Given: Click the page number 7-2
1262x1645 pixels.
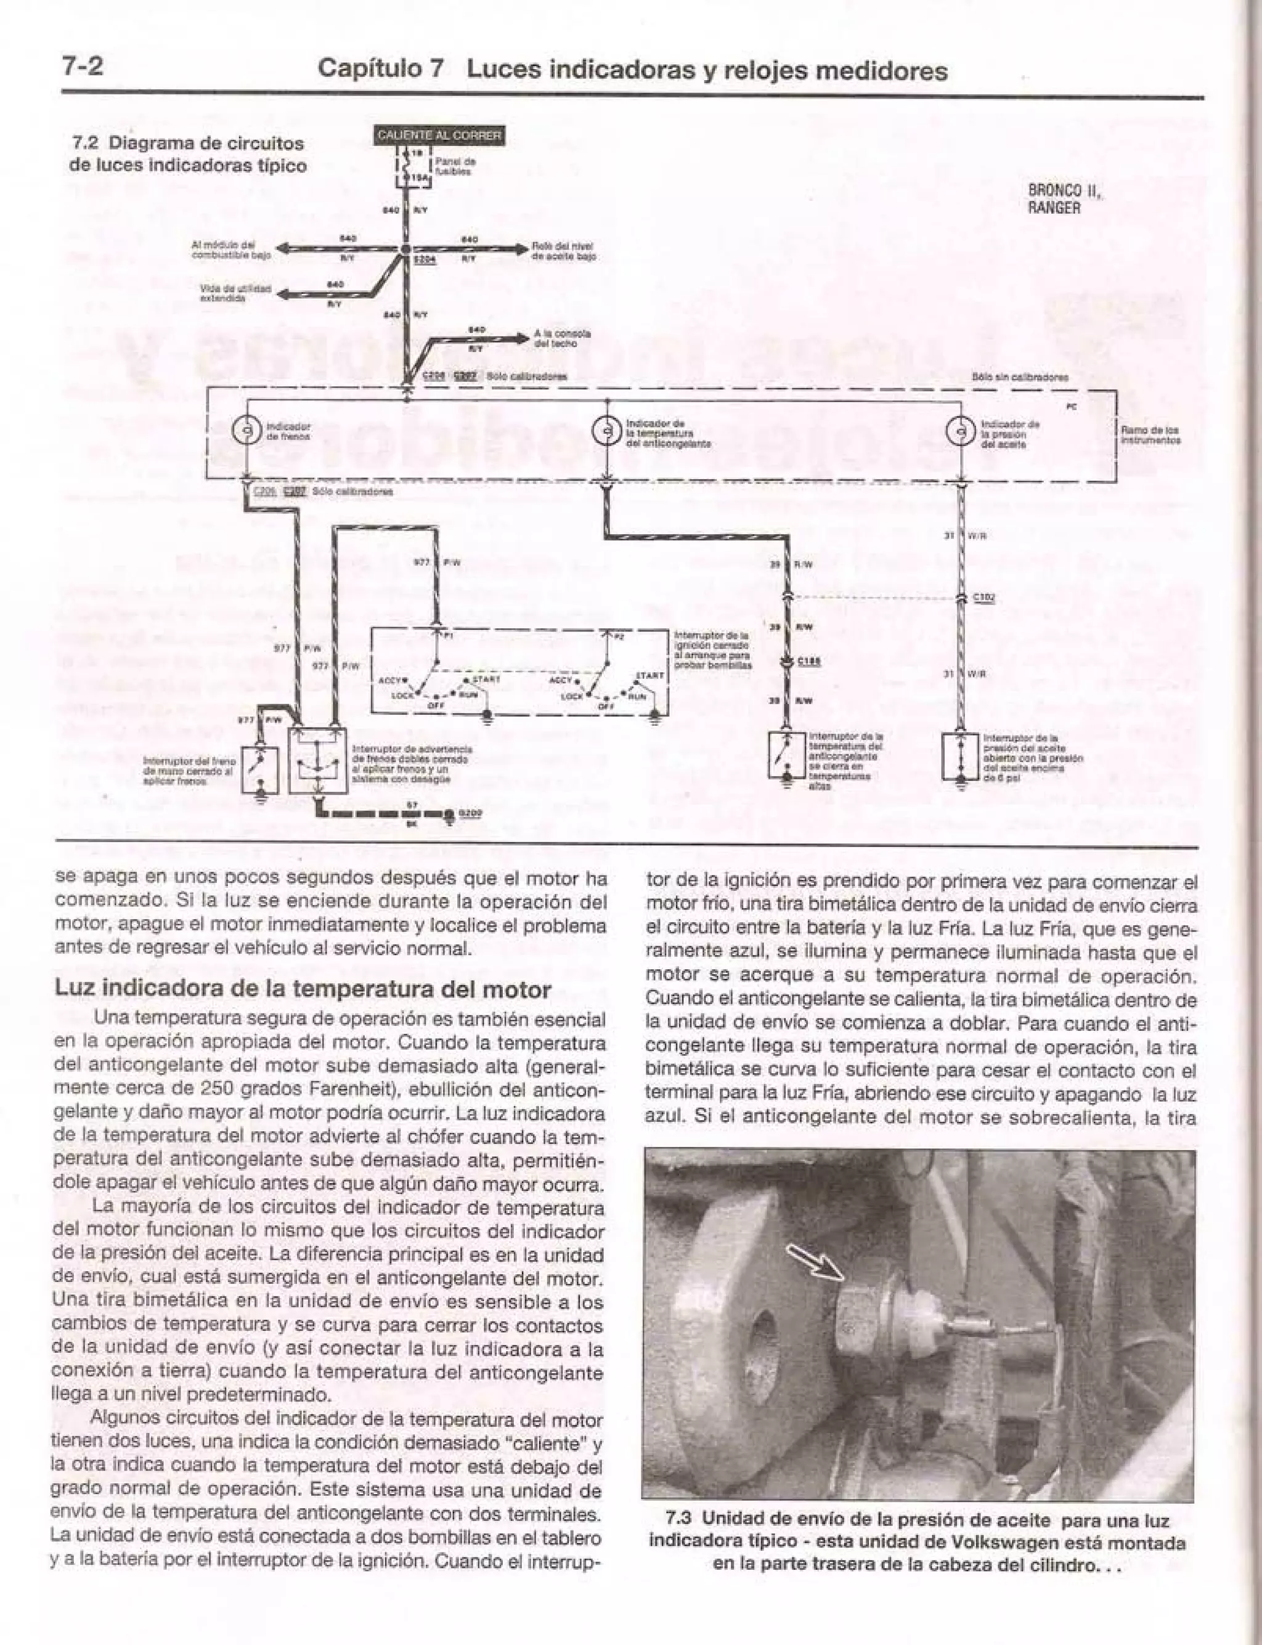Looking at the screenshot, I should click(82, 67).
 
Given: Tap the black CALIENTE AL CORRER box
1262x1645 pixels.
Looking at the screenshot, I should click(439, 135).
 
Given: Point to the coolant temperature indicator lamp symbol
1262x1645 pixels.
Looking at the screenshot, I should click(606, 431).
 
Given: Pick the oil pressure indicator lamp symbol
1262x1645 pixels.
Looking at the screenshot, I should click(960, 431).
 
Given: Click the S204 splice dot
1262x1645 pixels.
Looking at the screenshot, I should click(405, 248).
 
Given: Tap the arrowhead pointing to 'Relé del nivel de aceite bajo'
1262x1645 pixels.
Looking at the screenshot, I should click(521, 248).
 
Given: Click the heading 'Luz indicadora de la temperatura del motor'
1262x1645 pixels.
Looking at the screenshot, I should click(303, 989).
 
